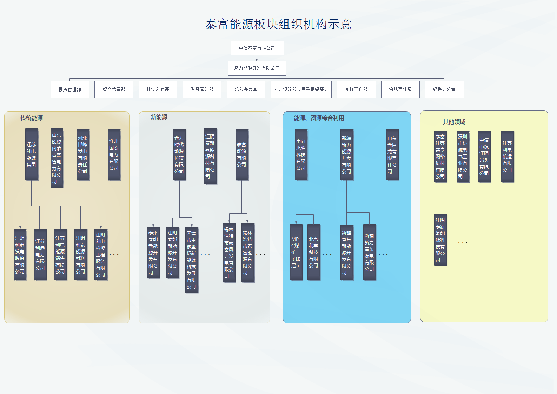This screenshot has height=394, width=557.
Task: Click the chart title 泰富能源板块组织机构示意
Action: point(278,24)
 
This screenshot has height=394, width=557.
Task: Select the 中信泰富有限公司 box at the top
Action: point(257,48)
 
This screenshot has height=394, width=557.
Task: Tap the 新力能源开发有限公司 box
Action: point(257,68)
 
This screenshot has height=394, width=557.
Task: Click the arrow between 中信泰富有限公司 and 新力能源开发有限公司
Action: point(257,58)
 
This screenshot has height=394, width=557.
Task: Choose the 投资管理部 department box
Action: point(69,89)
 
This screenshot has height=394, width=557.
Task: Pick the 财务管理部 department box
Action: point(202,89)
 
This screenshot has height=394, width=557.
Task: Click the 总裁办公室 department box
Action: point(246,89)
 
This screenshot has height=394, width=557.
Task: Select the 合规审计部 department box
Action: point(400,89)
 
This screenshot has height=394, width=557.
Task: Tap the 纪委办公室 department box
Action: point(444,89)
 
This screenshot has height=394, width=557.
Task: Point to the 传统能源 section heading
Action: point(31,118)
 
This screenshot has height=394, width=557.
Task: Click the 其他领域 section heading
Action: point(454,122)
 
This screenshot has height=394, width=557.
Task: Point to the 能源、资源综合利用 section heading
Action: point(319,118)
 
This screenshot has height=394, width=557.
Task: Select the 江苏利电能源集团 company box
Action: point(32,154)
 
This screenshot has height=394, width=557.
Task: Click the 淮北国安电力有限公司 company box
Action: point(114,154)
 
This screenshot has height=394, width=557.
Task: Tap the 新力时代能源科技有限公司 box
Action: point(179,154)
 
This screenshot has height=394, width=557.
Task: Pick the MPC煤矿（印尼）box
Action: point(296,252)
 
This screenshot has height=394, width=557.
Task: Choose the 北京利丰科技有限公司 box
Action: point(313,252)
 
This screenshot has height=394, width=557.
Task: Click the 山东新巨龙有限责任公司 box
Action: point(392,154)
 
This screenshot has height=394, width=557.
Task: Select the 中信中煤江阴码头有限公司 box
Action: point(484,156)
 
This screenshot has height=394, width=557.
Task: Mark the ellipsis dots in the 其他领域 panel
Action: point(463,242)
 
